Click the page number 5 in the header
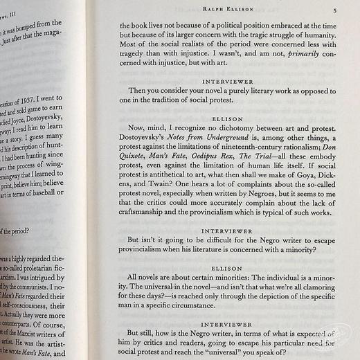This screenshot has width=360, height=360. pos(334,10)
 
